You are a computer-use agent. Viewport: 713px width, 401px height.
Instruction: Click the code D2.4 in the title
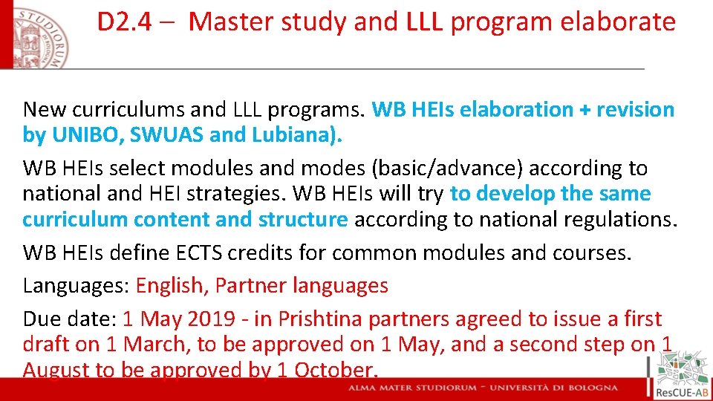pos(125,22)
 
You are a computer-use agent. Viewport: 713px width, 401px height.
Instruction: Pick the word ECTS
pos(193,253)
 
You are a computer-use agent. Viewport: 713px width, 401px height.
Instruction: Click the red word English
pos(170,286)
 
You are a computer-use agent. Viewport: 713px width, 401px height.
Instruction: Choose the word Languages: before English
pos(76,286)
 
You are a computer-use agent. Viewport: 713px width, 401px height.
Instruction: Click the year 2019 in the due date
pos(209,319)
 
